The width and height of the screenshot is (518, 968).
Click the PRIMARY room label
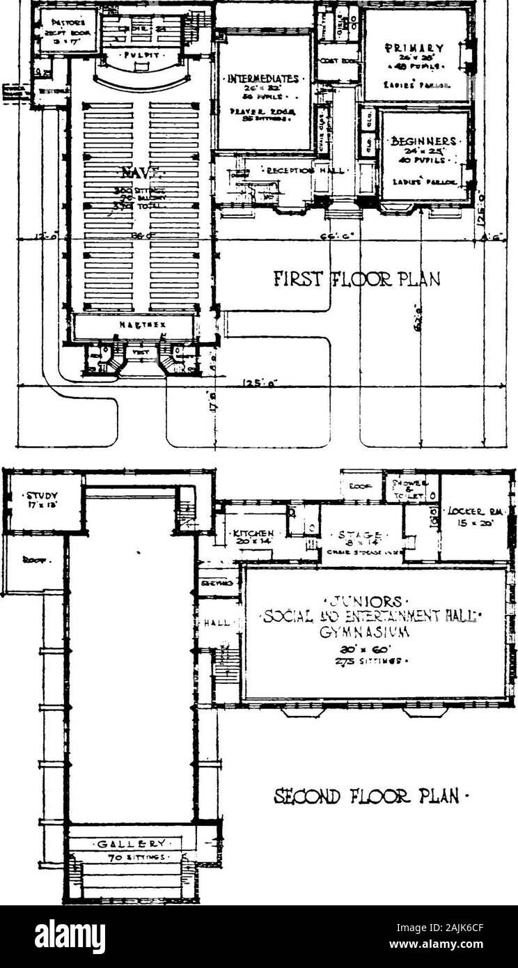415,49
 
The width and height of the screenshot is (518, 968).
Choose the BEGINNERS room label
424,140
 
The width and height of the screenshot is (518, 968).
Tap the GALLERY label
132,845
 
